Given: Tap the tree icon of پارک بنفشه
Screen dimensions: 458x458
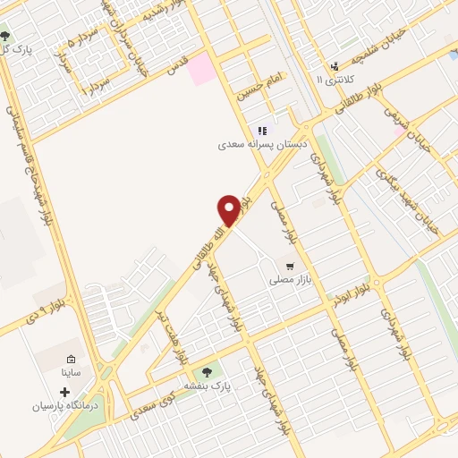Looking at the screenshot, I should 208,371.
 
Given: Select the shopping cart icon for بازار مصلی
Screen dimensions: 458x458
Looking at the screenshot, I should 289,266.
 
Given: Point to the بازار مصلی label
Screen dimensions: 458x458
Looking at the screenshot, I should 289,280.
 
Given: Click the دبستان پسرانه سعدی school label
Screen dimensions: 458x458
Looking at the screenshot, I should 263,144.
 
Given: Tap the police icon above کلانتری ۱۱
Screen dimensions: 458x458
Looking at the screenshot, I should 334,64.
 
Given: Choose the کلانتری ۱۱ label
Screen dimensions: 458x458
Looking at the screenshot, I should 334,79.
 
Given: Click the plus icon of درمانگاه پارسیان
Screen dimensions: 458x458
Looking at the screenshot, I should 64,392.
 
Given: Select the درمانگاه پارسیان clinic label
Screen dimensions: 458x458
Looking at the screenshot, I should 64,406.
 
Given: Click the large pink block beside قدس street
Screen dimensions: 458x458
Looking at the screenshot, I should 202,69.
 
